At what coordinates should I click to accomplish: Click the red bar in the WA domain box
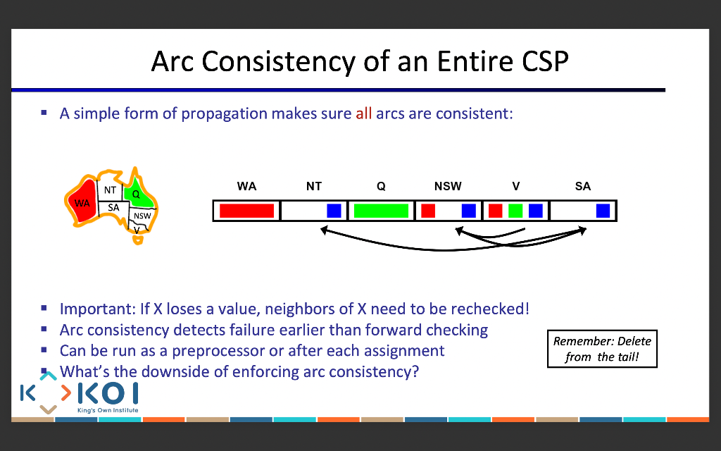click(246, 211)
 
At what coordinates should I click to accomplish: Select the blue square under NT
click(334, 211)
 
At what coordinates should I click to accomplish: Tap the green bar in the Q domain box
click(381, 211)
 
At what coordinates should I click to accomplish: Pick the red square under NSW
click(428, 211)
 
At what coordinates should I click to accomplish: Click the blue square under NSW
click(468, 211)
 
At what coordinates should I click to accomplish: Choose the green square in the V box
click(515, 211)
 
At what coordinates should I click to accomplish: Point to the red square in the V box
click(495, 211)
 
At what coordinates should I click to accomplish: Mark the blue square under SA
click(603, 211)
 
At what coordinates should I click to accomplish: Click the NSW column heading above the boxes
click(448, 186)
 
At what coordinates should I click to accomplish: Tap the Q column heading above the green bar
click(381, 186)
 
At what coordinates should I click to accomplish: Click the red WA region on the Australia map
click(83, 202)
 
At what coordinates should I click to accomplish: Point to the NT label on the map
click(110, 190)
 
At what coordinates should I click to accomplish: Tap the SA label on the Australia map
click(113, 208)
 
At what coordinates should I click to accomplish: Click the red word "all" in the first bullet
click(364, 113)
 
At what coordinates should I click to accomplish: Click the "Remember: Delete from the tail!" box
click(602, 349)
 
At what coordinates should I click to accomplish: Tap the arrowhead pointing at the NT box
click(324, 230)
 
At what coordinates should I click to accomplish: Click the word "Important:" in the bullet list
click(97, 309)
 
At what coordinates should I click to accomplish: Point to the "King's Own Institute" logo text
click(108, 410)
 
